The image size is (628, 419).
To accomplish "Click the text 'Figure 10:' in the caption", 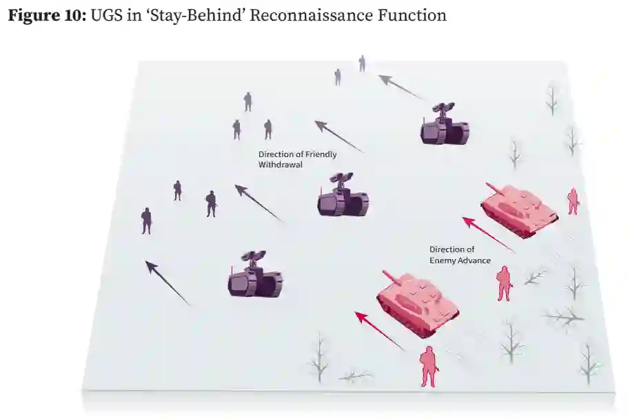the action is click(x=46, y=14).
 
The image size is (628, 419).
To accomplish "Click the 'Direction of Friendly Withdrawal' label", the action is click(x=297, y=160).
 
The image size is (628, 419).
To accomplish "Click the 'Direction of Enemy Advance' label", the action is click(x=460, y=255).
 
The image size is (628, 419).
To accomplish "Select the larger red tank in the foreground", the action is click(x=418, y=303).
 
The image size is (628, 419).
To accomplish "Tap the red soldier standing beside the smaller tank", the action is click(x=573, y=201).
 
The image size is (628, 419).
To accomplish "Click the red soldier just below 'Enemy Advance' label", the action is click(x=505, y=283).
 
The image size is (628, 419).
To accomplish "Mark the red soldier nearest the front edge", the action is click(x=429, y=366).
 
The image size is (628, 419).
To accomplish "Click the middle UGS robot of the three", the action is click(x=343, y=196).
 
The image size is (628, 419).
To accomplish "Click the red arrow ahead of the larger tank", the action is click(x=380, y=330).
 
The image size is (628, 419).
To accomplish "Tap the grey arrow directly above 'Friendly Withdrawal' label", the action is click(x=338, y=136).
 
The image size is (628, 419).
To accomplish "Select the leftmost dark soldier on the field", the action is click(x=146, y=221).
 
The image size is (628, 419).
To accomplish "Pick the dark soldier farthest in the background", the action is click(x=362, y=63).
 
